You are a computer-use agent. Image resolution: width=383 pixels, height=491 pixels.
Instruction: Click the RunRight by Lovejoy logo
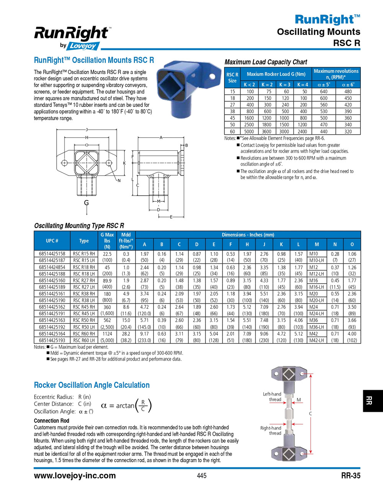[72, 38]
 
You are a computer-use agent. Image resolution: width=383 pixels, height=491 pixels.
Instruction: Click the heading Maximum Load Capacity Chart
[266, 62]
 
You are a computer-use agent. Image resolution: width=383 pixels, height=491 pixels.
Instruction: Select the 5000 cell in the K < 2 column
[249, 131]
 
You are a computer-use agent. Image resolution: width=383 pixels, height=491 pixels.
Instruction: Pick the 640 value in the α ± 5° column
[324, 92]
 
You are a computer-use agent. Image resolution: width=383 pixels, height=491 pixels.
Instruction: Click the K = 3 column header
[285, 84]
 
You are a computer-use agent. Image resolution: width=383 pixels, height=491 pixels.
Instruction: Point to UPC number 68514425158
[52, 254]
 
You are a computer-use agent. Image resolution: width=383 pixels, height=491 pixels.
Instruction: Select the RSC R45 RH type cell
[84, 307]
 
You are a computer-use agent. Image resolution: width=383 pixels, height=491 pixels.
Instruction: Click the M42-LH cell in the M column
[316, 340]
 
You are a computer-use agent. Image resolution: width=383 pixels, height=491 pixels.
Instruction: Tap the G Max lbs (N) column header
[107, 241]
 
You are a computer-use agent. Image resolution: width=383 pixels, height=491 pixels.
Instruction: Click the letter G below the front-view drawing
[87, 203]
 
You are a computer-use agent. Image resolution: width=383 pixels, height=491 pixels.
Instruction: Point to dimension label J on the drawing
[87, 130]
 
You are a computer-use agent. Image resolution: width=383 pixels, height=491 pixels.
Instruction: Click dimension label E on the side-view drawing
[171, 217]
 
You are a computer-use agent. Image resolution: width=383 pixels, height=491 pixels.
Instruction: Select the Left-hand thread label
[272, 397]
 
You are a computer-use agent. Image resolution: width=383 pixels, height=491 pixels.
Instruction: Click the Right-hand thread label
[271, 430]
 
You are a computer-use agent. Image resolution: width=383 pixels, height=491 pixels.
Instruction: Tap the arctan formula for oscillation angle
[126, 405]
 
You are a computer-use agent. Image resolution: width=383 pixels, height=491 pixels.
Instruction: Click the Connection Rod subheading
[51, 421]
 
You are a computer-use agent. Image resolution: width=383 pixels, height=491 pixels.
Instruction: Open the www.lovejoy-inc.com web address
[75, 476]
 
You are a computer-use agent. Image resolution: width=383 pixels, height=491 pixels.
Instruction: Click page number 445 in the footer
[201, 476]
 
